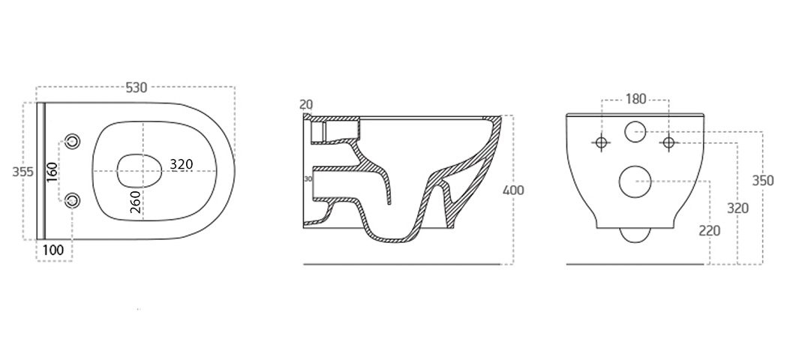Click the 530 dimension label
click(136, 87)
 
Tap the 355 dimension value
click(23, 172)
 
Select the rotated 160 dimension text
click(53, 172)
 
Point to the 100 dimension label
click(53, 250)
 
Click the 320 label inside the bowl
click(182, 164)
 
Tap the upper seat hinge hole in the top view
click(74, 141)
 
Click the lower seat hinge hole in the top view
click(74, 201)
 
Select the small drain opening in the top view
click(140, 171)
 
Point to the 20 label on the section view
click(306, 104)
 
